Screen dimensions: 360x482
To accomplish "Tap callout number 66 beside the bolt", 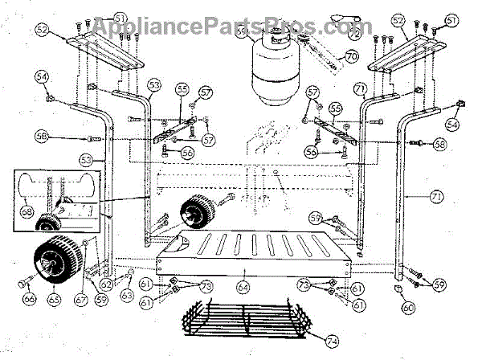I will click(29, 298).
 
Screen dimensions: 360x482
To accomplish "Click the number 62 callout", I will click(105, 284).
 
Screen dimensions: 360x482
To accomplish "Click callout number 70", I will click(351, 56).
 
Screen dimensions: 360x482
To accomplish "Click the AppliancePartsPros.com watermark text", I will click(232, 27).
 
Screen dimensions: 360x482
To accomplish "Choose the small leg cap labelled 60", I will click(398, 285).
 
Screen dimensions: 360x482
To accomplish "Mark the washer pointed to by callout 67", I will click(87, 244).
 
